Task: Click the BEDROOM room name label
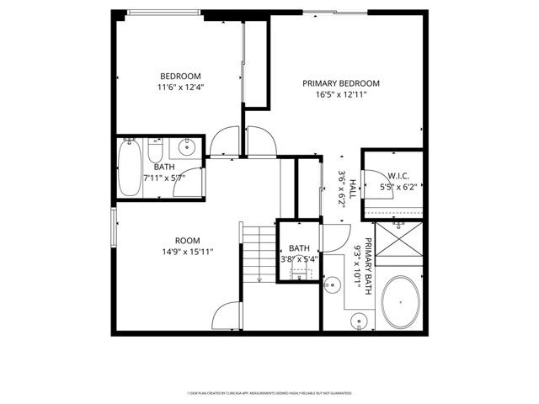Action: [181, 73]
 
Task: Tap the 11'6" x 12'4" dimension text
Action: [181, 87]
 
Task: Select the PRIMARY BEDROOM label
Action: [341, 83]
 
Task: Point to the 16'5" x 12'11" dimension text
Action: [341, 96]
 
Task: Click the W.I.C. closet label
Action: [398, 175]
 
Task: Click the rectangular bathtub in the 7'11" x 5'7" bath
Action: [131, 168]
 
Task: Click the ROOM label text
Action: [187, 240]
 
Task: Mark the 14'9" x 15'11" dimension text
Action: [187, 251]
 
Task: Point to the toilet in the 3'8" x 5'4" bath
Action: [301, 275]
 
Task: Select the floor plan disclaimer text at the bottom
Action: [269, 393]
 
